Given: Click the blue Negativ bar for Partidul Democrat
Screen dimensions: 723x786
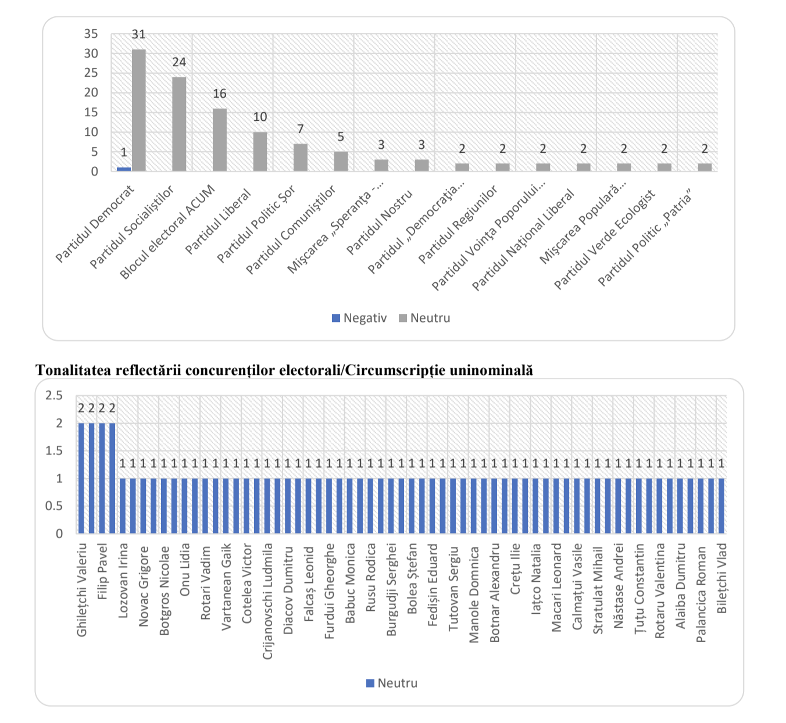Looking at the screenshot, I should [x=124, y=169].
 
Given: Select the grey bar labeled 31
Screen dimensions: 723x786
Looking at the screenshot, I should [x=139, y=110].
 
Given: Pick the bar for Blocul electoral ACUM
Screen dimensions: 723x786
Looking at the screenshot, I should [x=220, y=139].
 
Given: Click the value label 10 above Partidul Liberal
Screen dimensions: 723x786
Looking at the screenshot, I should [x=260, y=117].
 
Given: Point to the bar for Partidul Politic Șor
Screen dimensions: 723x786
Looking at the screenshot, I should [x=301, y=158].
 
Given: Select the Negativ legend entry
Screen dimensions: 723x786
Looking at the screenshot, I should [x=359, y=318].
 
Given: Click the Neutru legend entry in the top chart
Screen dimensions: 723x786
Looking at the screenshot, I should [x=425, y=318].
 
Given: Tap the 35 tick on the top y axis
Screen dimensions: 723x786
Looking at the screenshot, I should [x=91, y=34].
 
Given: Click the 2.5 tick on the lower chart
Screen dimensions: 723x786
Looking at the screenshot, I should [x=54, y=396].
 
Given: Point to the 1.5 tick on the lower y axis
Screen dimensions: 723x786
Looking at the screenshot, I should [x=54, y=451].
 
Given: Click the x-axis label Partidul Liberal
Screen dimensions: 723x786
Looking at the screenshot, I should [x=219, y=221].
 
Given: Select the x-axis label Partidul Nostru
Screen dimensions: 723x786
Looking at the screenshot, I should [x=380, y=221].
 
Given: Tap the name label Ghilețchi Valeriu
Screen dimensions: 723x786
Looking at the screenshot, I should [x=82, y=589].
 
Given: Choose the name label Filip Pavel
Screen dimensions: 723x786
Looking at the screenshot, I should [x=102, y=571].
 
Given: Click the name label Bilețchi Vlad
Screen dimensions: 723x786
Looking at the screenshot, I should [x=721, y=578].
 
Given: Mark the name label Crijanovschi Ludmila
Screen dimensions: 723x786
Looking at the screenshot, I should [x=267, y=601].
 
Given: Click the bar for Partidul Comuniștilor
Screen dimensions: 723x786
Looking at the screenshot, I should [x=341, y=162].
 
